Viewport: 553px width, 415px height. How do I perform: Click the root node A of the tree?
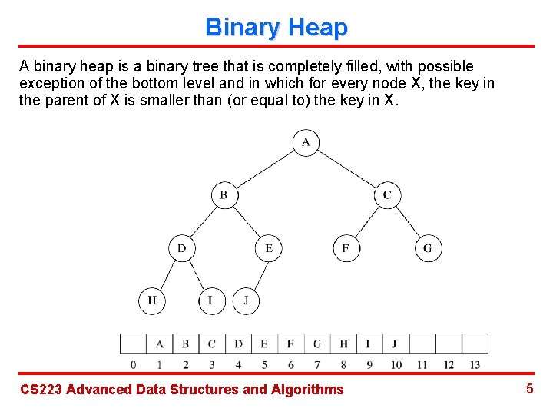coord(306,142)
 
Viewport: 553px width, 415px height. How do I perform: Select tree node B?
coord(224,194)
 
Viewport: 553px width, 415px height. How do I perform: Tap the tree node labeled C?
coord(387,194)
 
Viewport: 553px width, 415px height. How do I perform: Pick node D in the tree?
coord(181,248)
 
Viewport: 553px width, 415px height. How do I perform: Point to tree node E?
coord(268,248)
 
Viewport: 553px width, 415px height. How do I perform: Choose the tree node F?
coord(346,248)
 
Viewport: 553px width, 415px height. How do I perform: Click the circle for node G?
coord(428,248)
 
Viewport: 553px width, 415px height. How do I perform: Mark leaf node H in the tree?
coord(151,300)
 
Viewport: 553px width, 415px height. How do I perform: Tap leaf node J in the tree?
coord(246,300)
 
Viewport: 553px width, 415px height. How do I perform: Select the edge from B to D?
coord(202,221)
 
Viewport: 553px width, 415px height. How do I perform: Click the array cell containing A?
coord(159,344)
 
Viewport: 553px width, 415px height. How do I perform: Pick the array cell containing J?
coord(395,344)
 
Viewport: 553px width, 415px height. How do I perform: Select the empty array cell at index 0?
coord(133,344)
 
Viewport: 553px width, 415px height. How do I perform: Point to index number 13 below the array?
coord(474,364)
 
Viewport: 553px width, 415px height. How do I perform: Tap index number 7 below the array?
coord(316,364)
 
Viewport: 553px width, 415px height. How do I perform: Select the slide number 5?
coord(529,389)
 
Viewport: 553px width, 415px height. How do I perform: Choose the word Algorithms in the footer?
coord(307,390)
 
